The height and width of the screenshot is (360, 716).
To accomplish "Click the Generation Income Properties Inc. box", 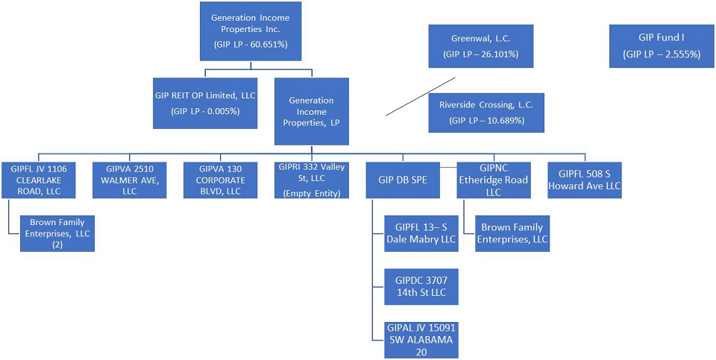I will [250, 31].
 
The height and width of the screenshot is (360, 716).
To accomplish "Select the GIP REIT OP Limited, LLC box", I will [204, 101].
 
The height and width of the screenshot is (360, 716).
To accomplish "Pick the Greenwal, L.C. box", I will [480, 45].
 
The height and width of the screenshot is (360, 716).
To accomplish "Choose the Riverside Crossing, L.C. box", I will [486, 111].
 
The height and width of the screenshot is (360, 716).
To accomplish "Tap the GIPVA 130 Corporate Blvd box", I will [221, 180].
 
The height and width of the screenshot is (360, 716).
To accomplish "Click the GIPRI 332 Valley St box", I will [313, 180].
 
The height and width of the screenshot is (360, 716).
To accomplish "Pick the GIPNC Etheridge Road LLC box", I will [494, 180].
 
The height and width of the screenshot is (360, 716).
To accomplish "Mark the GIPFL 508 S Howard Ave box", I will [585, 180].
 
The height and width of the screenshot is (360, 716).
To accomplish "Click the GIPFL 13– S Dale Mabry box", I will [421, 233].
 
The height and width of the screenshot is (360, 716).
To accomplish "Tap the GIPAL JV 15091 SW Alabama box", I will [421, 338].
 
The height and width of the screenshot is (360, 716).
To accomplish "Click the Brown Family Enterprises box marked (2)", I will [57, 233].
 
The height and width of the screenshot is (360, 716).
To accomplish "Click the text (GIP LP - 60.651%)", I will [251, 45].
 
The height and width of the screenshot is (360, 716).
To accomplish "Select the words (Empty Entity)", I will [312, 193].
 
